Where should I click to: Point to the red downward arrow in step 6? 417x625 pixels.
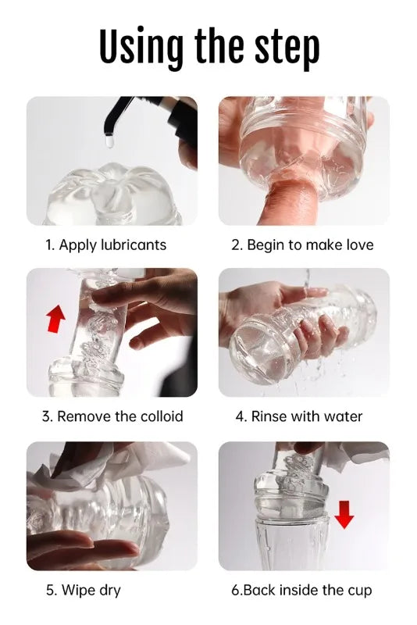(344, 514)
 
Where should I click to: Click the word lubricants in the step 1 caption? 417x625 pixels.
(134, 245)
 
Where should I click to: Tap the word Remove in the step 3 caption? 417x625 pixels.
(84, 416)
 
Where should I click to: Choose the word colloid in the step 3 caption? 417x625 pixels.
(162, 416)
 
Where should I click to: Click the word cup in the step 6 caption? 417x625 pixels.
(358, 590)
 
